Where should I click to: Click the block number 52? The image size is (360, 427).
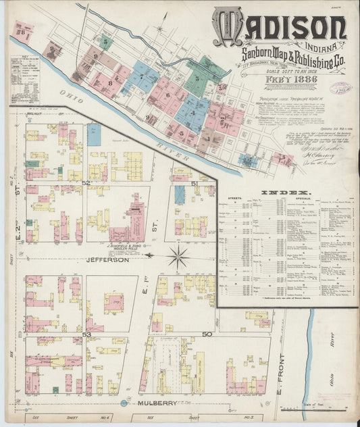pyautogui.click(x=86, y=183)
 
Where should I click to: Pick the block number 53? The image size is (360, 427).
pyautogui.click(x=86, y=334)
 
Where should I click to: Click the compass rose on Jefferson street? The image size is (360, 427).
pyautogui.click(x=178, y=257)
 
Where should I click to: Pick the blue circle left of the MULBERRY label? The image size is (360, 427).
pyautogui.click(x=124, y=403)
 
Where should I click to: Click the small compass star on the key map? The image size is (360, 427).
pyautogui.click(x=159, y=30)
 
